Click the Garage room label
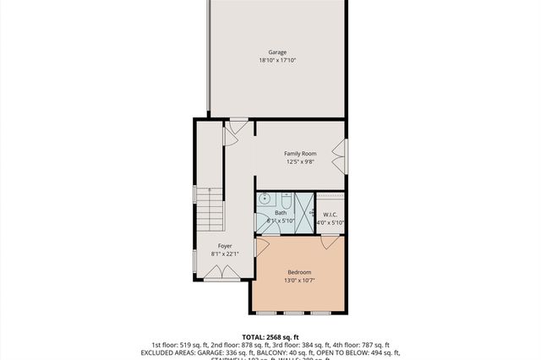point(277,52)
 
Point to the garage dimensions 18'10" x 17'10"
point(277,61)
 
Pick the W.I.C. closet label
point(330,214)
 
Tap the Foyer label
point(225,246)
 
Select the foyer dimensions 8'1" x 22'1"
point(225,254)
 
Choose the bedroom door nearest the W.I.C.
point(329,243)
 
